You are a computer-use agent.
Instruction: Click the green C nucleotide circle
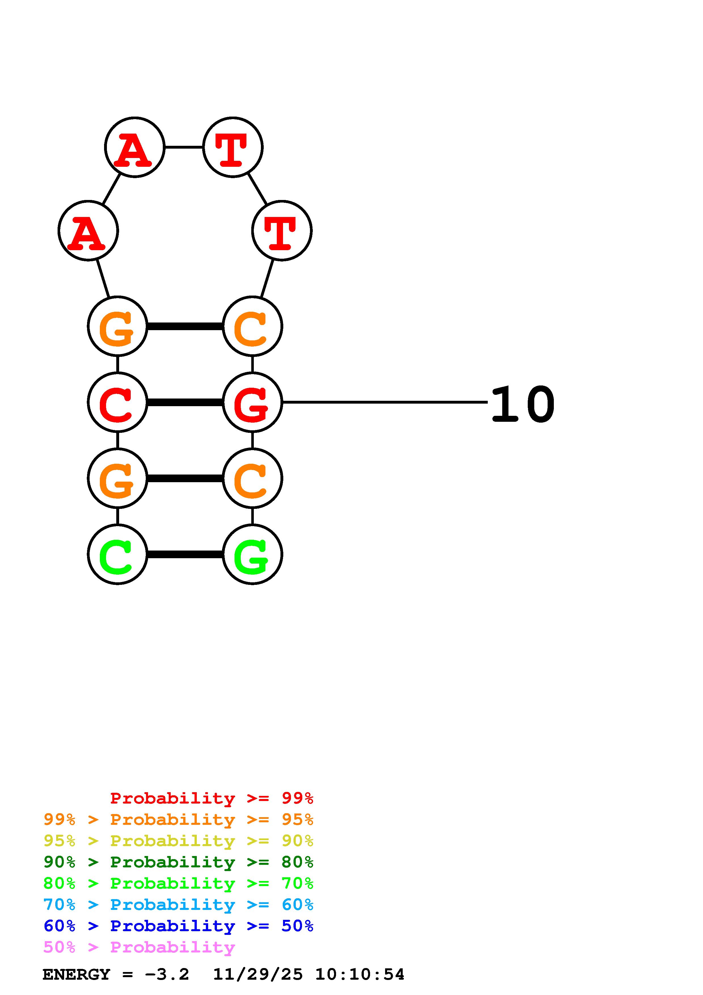pos(117,554)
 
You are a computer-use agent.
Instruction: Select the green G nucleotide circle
pos(252,554)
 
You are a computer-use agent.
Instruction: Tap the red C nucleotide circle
pos(117,402)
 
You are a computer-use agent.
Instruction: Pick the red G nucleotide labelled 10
pos(252,402)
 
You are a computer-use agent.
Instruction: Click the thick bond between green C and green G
pos(185,554)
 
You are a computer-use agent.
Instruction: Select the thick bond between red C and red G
pos(185,402)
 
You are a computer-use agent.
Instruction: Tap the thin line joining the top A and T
pos(184,147)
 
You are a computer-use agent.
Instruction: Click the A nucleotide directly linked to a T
pos(135,147)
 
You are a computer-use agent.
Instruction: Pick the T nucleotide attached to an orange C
pos(282,231)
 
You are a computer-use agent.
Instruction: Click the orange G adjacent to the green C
pos(117,478)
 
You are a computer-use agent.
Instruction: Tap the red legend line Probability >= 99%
pos(211,798)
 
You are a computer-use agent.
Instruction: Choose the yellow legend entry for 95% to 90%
pos(178,841)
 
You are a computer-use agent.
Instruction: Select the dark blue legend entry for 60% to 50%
pos(178,926)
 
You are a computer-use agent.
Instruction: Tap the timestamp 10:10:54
pos(360,975)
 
